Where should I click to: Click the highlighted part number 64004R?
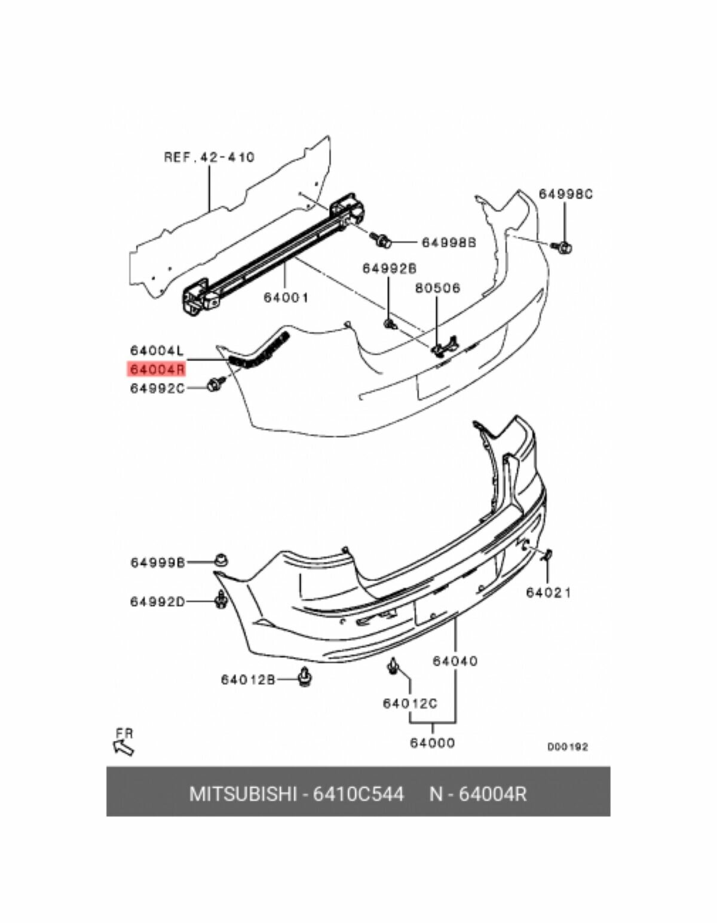pyautogui.click(x=155, y=369)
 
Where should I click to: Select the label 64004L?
pyautogui.click(x=155, y=351)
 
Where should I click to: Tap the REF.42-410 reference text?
pyautogui.click(x=209, y=157)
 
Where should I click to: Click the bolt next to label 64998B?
pyautogui.click(x=381, y=240)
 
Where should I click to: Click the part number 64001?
pyautogui.click(x=286, y=297)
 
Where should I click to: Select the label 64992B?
pyautogui.click(x=389, y=269)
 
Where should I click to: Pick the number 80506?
pyautogui.click(x=438, y=288)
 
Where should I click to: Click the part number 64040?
pyautogui.click(x=455, y=661)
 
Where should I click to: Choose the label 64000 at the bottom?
pyautogui.click(x=432, y=743)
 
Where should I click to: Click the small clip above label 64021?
pyautogui.click(x=547, y=556)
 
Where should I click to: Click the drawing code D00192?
pyautogui.click(x=568, y=747)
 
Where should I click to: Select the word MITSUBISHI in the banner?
pyautogui.click(x=243, y=794)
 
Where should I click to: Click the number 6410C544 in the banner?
pyautogui.click(x=358, y=794)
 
